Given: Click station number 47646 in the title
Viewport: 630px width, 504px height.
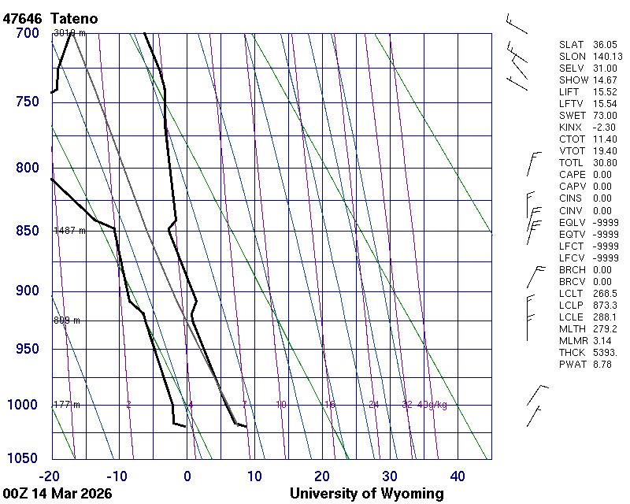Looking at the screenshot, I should tap(23, 18).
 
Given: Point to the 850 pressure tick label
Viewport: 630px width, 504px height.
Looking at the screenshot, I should tap(27, 231).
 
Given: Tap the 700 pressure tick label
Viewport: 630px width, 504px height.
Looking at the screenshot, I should tap(27, 33).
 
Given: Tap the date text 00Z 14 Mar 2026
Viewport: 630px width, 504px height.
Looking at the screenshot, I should tap(57, 494).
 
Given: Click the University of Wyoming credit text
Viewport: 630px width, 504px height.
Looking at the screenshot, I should tap(366, 494).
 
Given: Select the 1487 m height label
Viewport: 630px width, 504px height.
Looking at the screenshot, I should tap(68, 231).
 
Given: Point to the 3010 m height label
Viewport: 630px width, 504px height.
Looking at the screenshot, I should tap(69, 33).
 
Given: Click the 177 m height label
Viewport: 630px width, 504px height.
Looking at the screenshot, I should tap(66, 405).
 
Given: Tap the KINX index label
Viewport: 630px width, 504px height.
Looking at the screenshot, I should tap(570, 128).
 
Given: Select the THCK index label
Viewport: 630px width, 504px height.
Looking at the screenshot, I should tap(572, 353).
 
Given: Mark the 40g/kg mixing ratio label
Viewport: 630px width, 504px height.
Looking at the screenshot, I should tap(432, 405).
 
